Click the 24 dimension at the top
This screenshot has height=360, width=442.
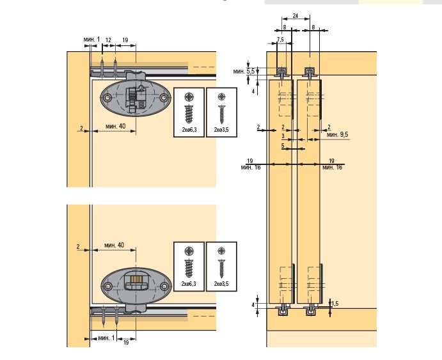(x=295, y=16)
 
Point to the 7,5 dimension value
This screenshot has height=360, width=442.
(x=280, y=40)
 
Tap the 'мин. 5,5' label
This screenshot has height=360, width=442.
(x=244, y=71)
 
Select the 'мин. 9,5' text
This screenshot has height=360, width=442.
(x=338, y=135)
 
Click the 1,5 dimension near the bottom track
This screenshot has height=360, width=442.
(x=335, y=303)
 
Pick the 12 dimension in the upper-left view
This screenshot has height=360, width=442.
(x=108, y=40)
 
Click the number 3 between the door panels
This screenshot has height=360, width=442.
(x=283, y=136)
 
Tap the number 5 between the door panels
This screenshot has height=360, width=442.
(x=283, y=146)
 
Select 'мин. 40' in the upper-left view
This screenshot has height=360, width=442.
(x=116, y=126)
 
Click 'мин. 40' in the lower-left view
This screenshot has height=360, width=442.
(x=114, y=246)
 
